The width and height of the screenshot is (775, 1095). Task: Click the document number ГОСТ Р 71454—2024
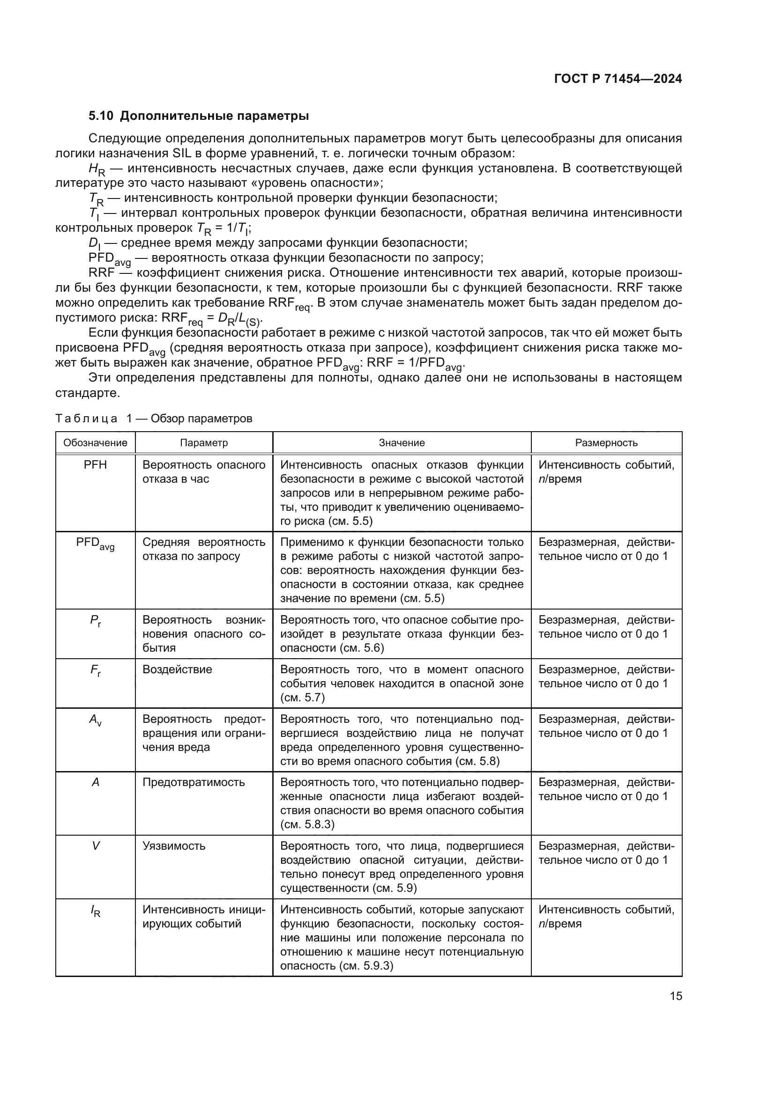pos(618,79)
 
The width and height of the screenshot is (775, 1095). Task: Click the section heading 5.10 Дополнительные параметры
pos(199,116)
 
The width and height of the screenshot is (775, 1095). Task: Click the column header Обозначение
pos(96,442)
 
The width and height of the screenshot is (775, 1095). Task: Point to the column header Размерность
pos(606,442)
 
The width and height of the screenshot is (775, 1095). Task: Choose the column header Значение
pos(402,442)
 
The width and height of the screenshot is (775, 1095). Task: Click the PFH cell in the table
pos(96,465)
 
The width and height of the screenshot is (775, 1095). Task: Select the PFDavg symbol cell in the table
pos(96,544)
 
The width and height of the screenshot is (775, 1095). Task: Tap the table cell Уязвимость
pos(174,846)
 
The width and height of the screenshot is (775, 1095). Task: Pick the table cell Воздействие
pos(177,669)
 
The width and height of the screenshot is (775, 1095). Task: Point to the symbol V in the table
pos(96,846)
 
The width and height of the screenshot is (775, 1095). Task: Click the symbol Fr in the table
pos(96,670)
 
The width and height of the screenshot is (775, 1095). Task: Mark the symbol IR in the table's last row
pos(96,911)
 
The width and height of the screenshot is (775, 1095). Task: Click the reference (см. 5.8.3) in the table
pos(307,824)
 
